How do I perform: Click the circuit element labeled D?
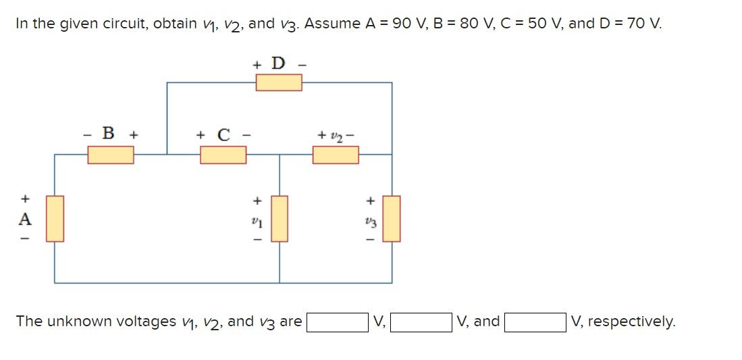278,82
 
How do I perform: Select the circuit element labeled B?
111,155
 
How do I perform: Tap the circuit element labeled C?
223,155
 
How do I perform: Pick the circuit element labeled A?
55,218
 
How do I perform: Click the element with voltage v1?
280,218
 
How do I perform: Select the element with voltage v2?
336,155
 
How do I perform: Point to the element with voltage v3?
392,218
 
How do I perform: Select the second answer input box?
421,322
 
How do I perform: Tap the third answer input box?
535,322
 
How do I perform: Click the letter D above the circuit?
278,63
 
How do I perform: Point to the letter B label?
107,133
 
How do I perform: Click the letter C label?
223,134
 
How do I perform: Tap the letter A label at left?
25,219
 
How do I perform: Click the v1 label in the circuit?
256,220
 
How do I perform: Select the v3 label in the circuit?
369,220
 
